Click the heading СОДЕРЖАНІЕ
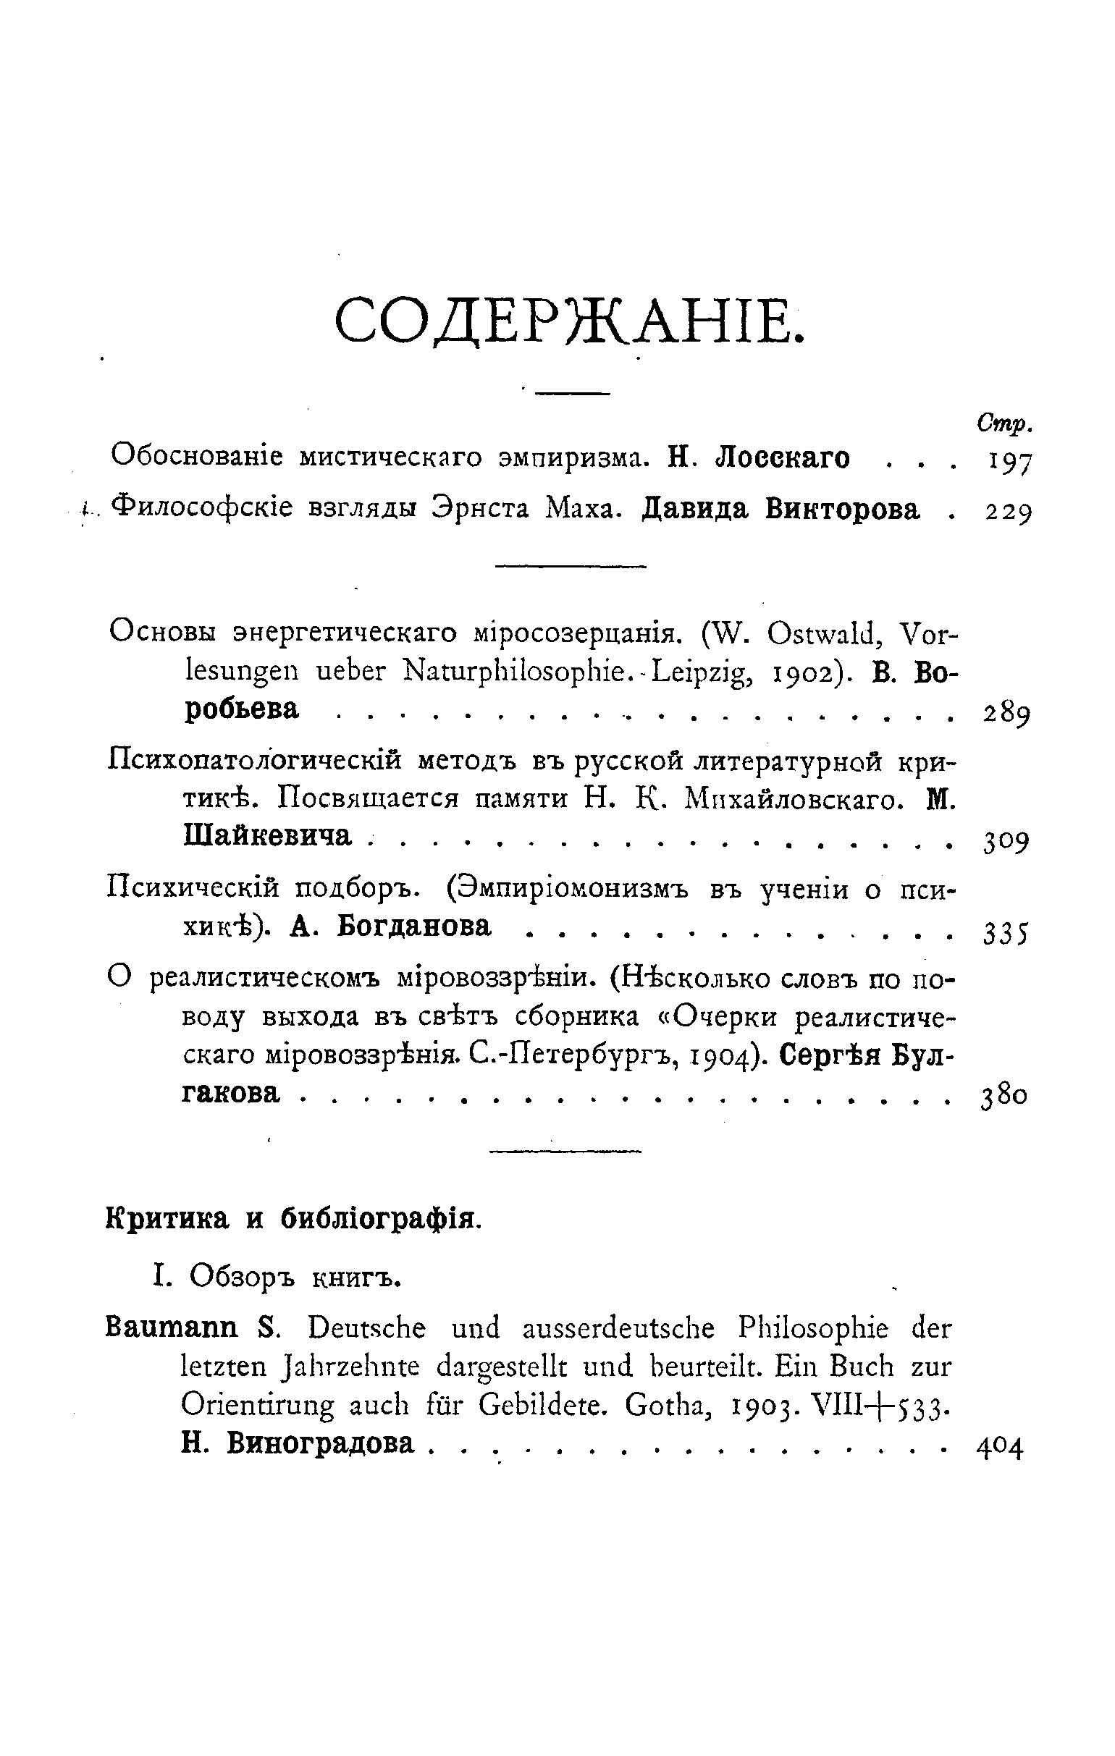(x=571, y=321)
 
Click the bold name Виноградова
(x=319, y=1442)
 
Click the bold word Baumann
(x=172, y=1327)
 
